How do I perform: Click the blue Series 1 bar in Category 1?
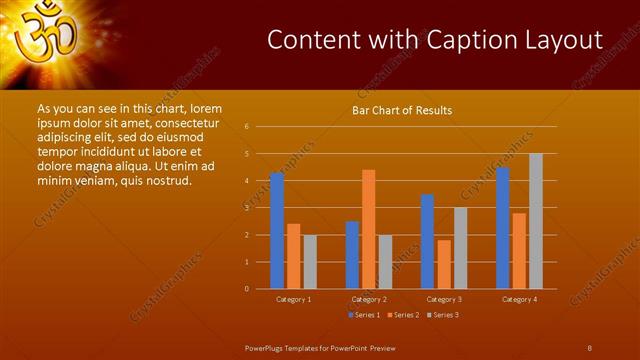coord(277,230)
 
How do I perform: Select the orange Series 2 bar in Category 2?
coord(368,229)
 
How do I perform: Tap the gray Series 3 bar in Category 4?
coord(535,221)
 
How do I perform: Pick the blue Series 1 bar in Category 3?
coord(427,241)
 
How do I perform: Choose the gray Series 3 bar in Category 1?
coord(310,261)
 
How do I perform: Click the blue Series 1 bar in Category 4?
coord(502,227)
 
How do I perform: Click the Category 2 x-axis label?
coord(368,299)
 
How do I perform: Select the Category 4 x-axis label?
coord(518,299)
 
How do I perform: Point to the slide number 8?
coord(590,347)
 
